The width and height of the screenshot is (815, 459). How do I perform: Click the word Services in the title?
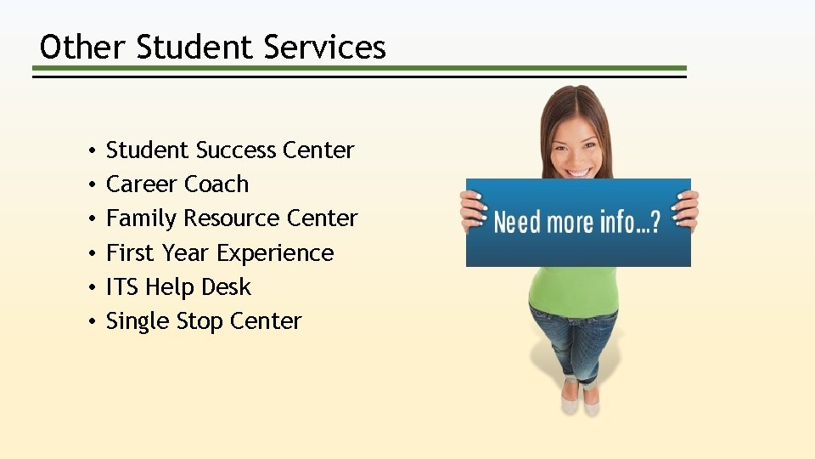pos(324,47)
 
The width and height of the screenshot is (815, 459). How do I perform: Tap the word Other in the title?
pos(83,47)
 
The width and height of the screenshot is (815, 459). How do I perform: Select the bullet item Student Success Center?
pos(229,150)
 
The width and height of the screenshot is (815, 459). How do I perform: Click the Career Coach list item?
pos(177,184)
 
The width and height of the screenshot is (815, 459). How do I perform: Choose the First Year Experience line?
pos(220,253)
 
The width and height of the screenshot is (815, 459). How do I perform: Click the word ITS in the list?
pos(122,287)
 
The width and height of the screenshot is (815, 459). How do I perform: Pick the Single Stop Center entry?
pos(204,321)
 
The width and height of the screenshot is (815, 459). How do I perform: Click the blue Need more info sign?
pos(577,223)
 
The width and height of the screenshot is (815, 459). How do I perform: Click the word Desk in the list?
pos(227,287)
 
